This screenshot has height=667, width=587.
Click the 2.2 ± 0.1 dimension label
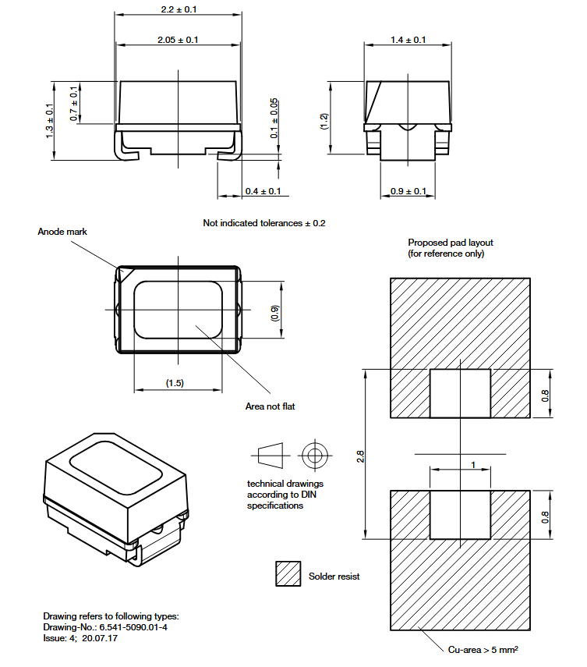(x=179, y=9)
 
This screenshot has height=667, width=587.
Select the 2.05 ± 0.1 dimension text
(x=178, y=40)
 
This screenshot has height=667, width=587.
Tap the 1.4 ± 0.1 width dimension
(x=408, y=40)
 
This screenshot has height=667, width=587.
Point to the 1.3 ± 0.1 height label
(x=50, y=121)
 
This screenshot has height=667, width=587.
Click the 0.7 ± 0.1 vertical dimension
(x=74, y=104)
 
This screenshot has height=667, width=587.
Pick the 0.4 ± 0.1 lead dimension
(x=263, y=191)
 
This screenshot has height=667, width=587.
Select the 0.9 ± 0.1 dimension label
(x=408, y=191)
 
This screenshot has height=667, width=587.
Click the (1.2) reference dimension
(x=324, y=121)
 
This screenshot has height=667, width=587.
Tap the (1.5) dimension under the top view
(x=175, y=383)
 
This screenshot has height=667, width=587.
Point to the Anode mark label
(x=62, y=232)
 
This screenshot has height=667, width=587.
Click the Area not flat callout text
(x=270, y=406)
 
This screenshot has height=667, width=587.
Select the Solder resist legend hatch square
(x=288, y=574)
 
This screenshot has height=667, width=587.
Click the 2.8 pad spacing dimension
(x=360, y=456)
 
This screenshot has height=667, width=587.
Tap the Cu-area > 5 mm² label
(x=483, y=650)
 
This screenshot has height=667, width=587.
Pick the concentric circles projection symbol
(x=314, y=455)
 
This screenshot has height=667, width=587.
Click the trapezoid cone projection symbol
(x=271, y=455)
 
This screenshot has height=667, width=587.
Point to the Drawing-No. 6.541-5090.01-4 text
(x=105, y=627)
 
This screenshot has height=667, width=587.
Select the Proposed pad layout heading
(x=451, y=243)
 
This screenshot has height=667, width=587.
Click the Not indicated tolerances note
(x=264, y=223)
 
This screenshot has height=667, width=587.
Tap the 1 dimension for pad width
(x=473, y=464)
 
